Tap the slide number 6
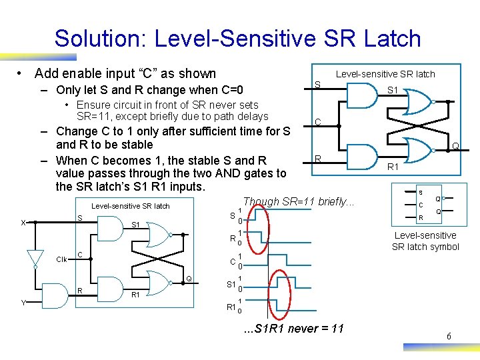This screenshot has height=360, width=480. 449,337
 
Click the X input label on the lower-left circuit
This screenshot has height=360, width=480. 23,223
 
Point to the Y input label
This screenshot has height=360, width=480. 23,303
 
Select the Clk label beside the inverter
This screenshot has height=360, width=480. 61,259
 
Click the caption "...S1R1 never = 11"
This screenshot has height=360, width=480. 293,327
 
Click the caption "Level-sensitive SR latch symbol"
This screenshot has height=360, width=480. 425,241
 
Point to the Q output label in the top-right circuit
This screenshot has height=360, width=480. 455,146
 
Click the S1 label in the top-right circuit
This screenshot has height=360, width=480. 392,89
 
